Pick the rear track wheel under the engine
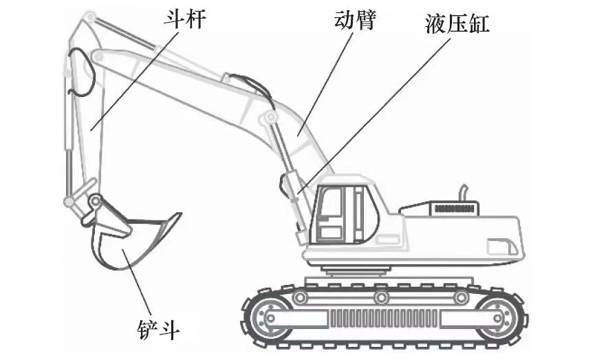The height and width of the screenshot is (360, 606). [x=495, y=317]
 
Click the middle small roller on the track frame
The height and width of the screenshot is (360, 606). [x=380, y=297]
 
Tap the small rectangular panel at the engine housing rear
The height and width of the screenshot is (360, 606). [x=499, y=246]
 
